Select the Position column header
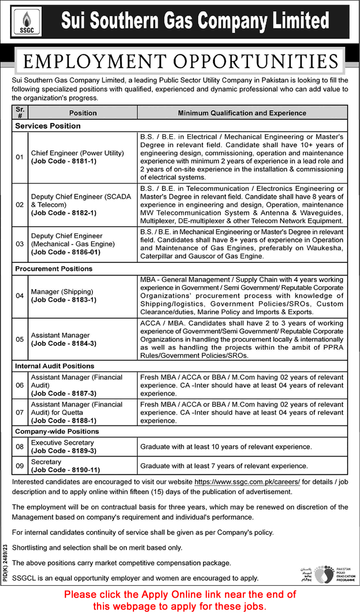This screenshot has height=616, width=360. click(83, 113)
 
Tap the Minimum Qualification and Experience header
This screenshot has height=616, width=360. click(242, 113)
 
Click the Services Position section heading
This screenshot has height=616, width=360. click(47, 126)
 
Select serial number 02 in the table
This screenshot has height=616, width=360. click(20, 204)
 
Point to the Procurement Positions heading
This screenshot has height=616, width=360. click(54, 269)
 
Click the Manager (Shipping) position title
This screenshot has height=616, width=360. click(62, 291)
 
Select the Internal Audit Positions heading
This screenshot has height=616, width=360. click(54, 366)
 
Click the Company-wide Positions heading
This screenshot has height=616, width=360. click(57, 431)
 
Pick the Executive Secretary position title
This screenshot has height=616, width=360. click(62, 443)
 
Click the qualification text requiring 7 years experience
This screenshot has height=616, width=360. click(224, 466)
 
